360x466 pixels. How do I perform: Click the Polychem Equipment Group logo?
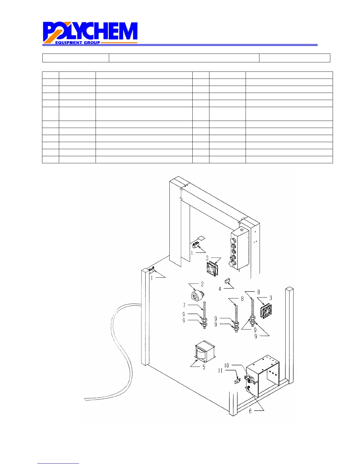point(90,33)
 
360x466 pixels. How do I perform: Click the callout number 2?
point(202,284)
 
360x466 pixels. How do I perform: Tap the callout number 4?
point(220,289)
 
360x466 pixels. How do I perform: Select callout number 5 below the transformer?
point(204,367)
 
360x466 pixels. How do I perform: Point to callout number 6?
point(250,411)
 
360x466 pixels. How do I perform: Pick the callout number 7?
point(184,305)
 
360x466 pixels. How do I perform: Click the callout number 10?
point(227,366)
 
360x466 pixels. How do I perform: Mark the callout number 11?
point(220,371)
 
